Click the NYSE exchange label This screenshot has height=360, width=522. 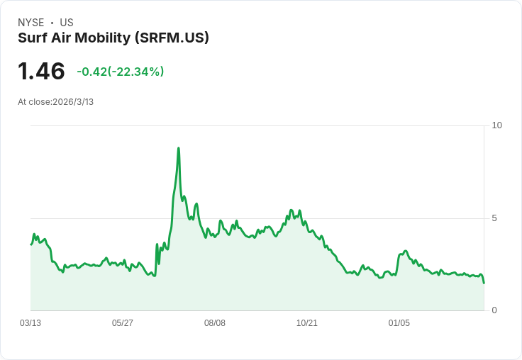31,23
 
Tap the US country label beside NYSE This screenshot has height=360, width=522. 67,23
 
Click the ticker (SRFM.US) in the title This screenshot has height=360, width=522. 172,38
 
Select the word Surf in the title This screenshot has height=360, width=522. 32,38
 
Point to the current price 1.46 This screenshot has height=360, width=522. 41,72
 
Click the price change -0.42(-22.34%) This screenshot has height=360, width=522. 121,72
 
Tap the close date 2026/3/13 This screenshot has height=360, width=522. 73,102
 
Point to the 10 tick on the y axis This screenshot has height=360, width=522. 496,125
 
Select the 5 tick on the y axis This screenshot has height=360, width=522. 494,218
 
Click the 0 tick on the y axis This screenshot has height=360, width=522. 494,310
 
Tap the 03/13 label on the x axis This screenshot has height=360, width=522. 30,323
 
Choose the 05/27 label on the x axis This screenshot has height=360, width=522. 123,323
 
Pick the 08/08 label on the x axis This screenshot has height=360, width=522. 215,323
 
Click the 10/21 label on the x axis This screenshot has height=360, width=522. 307,323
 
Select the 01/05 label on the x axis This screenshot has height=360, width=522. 399,323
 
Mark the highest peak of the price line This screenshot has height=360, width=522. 179,148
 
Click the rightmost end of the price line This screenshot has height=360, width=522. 484,283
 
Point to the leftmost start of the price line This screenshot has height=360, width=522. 31,244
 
